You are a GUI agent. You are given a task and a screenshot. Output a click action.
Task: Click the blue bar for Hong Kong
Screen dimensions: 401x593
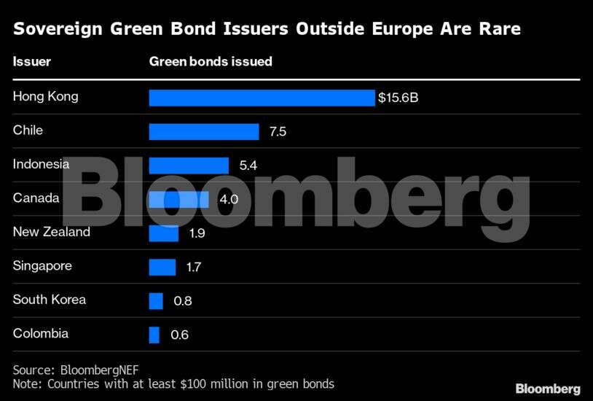(x=262, y=98)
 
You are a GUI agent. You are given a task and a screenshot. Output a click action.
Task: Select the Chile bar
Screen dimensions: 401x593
(x=204, y=131)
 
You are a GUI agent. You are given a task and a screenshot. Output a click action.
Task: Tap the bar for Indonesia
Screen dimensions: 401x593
(x=189, y=166)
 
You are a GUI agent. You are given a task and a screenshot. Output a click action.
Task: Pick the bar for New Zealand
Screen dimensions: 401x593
(x=163, y=233)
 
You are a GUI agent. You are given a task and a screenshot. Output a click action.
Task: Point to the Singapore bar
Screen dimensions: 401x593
(x=162, y=267)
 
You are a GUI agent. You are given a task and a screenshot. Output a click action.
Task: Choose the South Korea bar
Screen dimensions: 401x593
(x=156, y=300)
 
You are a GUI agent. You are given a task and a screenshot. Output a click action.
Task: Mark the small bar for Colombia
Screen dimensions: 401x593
(x=154, y=335)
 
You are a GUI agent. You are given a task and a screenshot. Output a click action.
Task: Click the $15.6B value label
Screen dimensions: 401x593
(x=398, y=98)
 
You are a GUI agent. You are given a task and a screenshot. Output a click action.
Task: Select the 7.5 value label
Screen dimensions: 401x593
(x=278, y=132)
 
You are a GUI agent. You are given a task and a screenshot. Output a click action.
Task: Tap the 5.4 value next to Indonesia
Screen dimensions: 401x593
(x=248, y=166)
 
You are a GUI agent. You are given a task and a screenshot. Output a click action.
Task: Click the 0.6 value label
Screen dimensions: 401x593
(x=179, y=335)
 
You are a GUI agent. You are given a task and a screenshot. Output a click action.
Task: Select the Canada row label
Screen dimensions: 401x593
(x=36, y=198)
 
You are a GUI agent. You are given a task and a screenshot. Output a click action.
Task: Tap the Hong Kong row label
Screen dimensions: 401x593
(x=45, y=96)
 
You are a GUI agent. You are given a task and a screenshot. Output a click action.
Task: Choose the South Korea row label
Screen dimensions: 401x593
(x=49, y=300)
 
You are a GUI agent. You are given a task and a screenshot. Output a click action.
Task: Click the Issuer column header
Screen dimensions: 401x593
(x=32, y=61)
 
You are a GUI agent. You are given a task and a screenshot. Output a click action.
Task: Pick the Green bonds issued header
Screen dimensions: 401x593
(x=211, y=61)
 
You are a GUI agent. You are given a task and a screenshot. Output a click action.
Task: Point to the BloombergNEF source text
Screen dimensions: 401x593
(x=96, y=370)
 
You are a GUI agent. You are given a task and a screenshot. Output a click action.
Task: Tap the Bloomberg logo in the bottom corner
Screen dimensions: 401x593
(x=548, y=389)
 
